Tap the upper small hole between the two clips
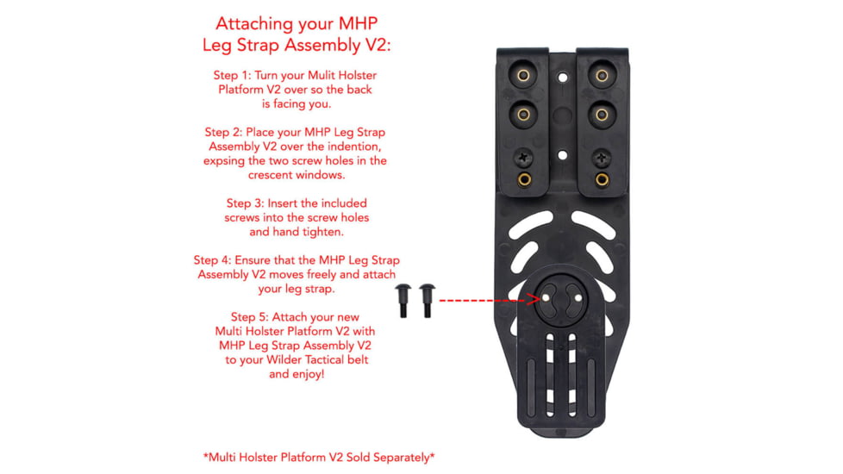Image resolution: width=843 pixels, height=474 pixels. [562, 77]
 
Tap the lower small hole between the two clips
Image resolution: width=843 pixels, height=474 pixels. [562, 155]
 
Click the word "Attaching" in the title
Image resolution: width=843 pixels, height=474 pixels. [250, 23]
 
